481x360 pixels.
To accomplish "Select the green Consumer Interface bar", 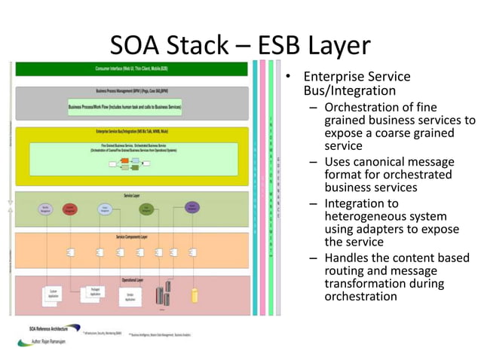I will pos(132,69).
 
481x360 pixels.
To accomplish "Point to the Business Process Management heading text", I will pos(132,90).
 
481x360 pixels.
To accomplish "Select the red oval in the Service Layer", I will pos(71,209).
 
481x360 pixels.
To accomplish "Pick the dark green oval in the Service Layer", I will pos(147,210).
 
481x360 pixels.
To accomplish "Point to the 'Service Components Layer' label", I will pos(132,237).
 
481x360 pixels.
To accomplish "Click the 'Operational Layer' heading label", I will pos(132,279).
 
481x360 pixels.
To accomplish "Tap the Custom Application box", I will pos(54,294).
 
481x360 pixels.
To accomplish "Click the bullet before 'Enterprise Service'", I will pos(287,78).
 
